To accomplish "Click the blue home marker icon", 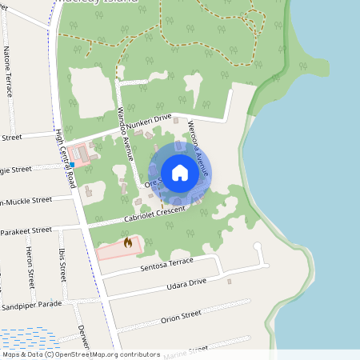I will (179, 172).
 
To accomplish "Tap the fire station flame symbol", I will (126, 242).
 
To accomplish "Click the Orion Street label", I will (180, 317).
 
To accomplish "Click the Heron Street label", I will (30, 267).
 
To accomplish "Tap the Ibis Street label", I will (62, 264).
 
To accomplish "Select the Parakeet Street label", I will (26, 232).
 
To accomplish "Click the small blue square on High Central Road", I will (72, 164).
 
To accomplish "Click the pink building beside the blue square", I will (82, 152).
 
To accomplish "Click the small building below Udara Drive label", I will (229, 281).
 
